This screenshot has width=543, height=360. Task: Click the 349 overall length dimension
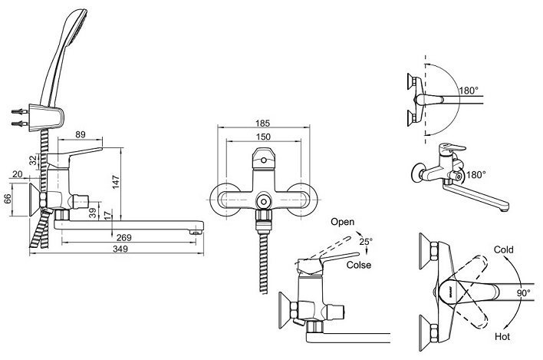click(120, 249)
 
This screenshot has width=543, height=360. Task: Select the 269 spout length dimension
click(124, 237)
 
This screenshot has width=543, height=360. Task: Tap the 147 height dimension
click(116, 183)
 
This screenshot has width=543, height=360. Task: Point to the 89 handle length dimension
click(81, 134)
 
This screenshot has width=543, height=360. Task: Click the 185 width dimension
click(263, 123)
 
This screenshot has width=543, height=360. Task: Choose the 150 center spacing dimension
click(263, 137)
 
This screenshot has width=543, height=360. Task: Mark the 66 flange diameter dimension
click(8, 199)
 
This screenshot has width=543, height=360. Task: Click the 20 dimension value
click(17, 174)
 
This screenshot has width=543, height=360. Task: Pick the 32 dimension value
click(33, 160)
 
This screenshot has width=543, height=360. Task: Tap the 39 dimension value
click(93, 213)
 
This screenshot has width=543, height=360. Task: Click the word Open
click(343, 222)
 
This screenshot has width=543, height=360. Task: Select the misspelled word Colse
click(359, 265)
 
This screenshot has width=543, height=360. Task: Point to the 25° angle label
click(366, 241)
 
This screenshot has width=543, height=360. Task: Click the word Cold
click(504, 249)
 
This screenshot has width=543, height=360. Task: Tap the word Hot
click(502, 336)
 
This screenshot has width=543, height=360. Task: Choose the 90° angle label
click(524, 293)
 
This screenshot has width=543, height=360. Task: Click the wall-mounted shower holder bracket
click(47, 117)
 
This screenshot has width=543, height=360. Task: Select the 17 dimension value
click(108, 215)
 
